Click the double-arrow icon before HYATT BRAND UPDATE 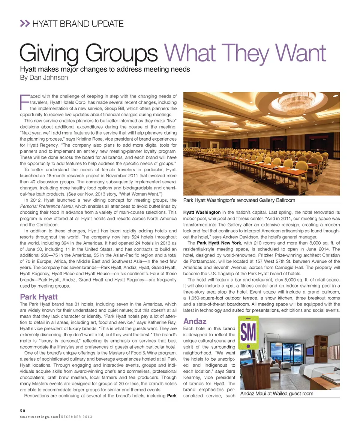coord(24,24)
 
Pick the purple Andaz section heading coord(195,321)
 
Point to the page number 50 coord(23,411)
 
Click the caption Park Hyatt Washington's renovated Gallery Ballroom coord(239,200)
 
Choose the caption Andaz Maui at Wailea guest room coord(277,393)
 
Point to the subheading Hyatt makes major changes coord(105,69)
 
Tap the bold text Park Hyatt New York coord(219,243)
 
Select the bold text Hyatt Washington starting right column coord(202,213)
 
